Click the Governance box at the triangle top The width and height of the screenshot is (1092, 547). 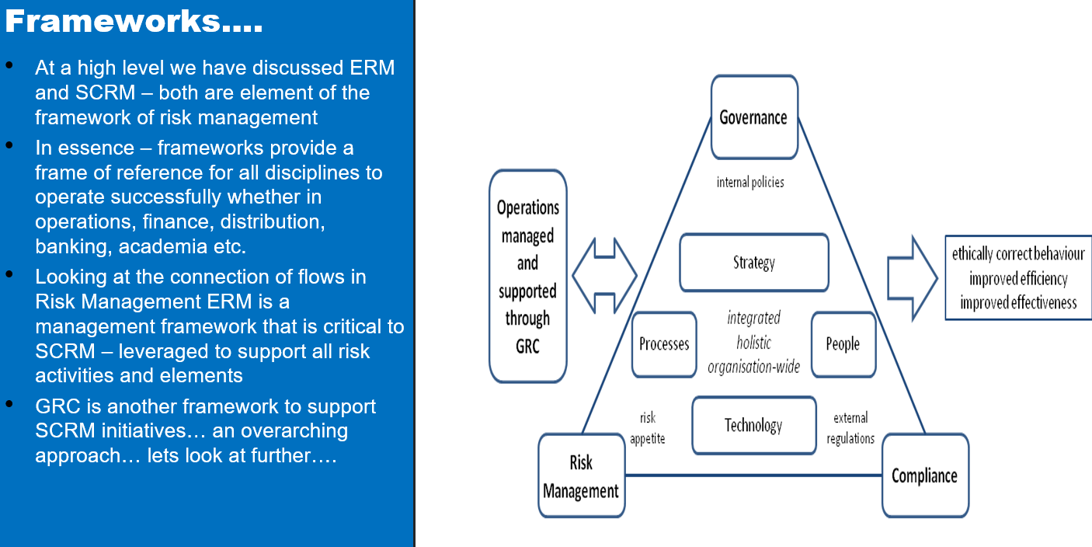754,117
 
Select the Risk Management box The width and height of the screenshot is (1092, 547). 582,476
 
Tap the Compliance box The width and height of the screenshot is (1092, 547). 925,476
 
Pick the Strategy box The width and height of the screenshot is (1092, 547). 754,262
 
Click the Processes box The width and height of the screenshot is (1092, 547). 664,344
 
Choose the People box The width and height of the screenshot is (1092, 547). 843,344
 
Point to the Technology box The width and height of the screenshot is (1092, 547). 754,425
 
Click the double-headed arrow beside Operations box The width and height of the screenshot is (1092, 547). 604,275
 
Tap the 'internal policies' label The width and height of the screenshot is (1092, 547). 750,183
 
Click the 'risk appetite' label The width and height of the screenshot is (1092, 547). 648,428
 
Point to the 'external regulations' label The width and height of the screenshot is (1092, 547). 850,428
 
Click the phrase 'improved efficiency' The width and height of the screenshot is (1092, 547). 1018,279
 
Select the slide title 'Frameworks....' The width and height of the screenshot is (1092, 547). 134,22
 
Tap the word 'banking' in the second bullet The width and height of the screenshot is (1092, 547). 68,246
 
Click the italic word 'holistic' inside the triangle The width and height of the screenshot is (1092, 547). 753,343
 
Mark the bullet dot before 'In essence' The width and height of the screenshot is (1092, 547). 9,145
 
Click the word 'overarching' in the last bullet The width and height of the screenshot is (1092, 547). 292,430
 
